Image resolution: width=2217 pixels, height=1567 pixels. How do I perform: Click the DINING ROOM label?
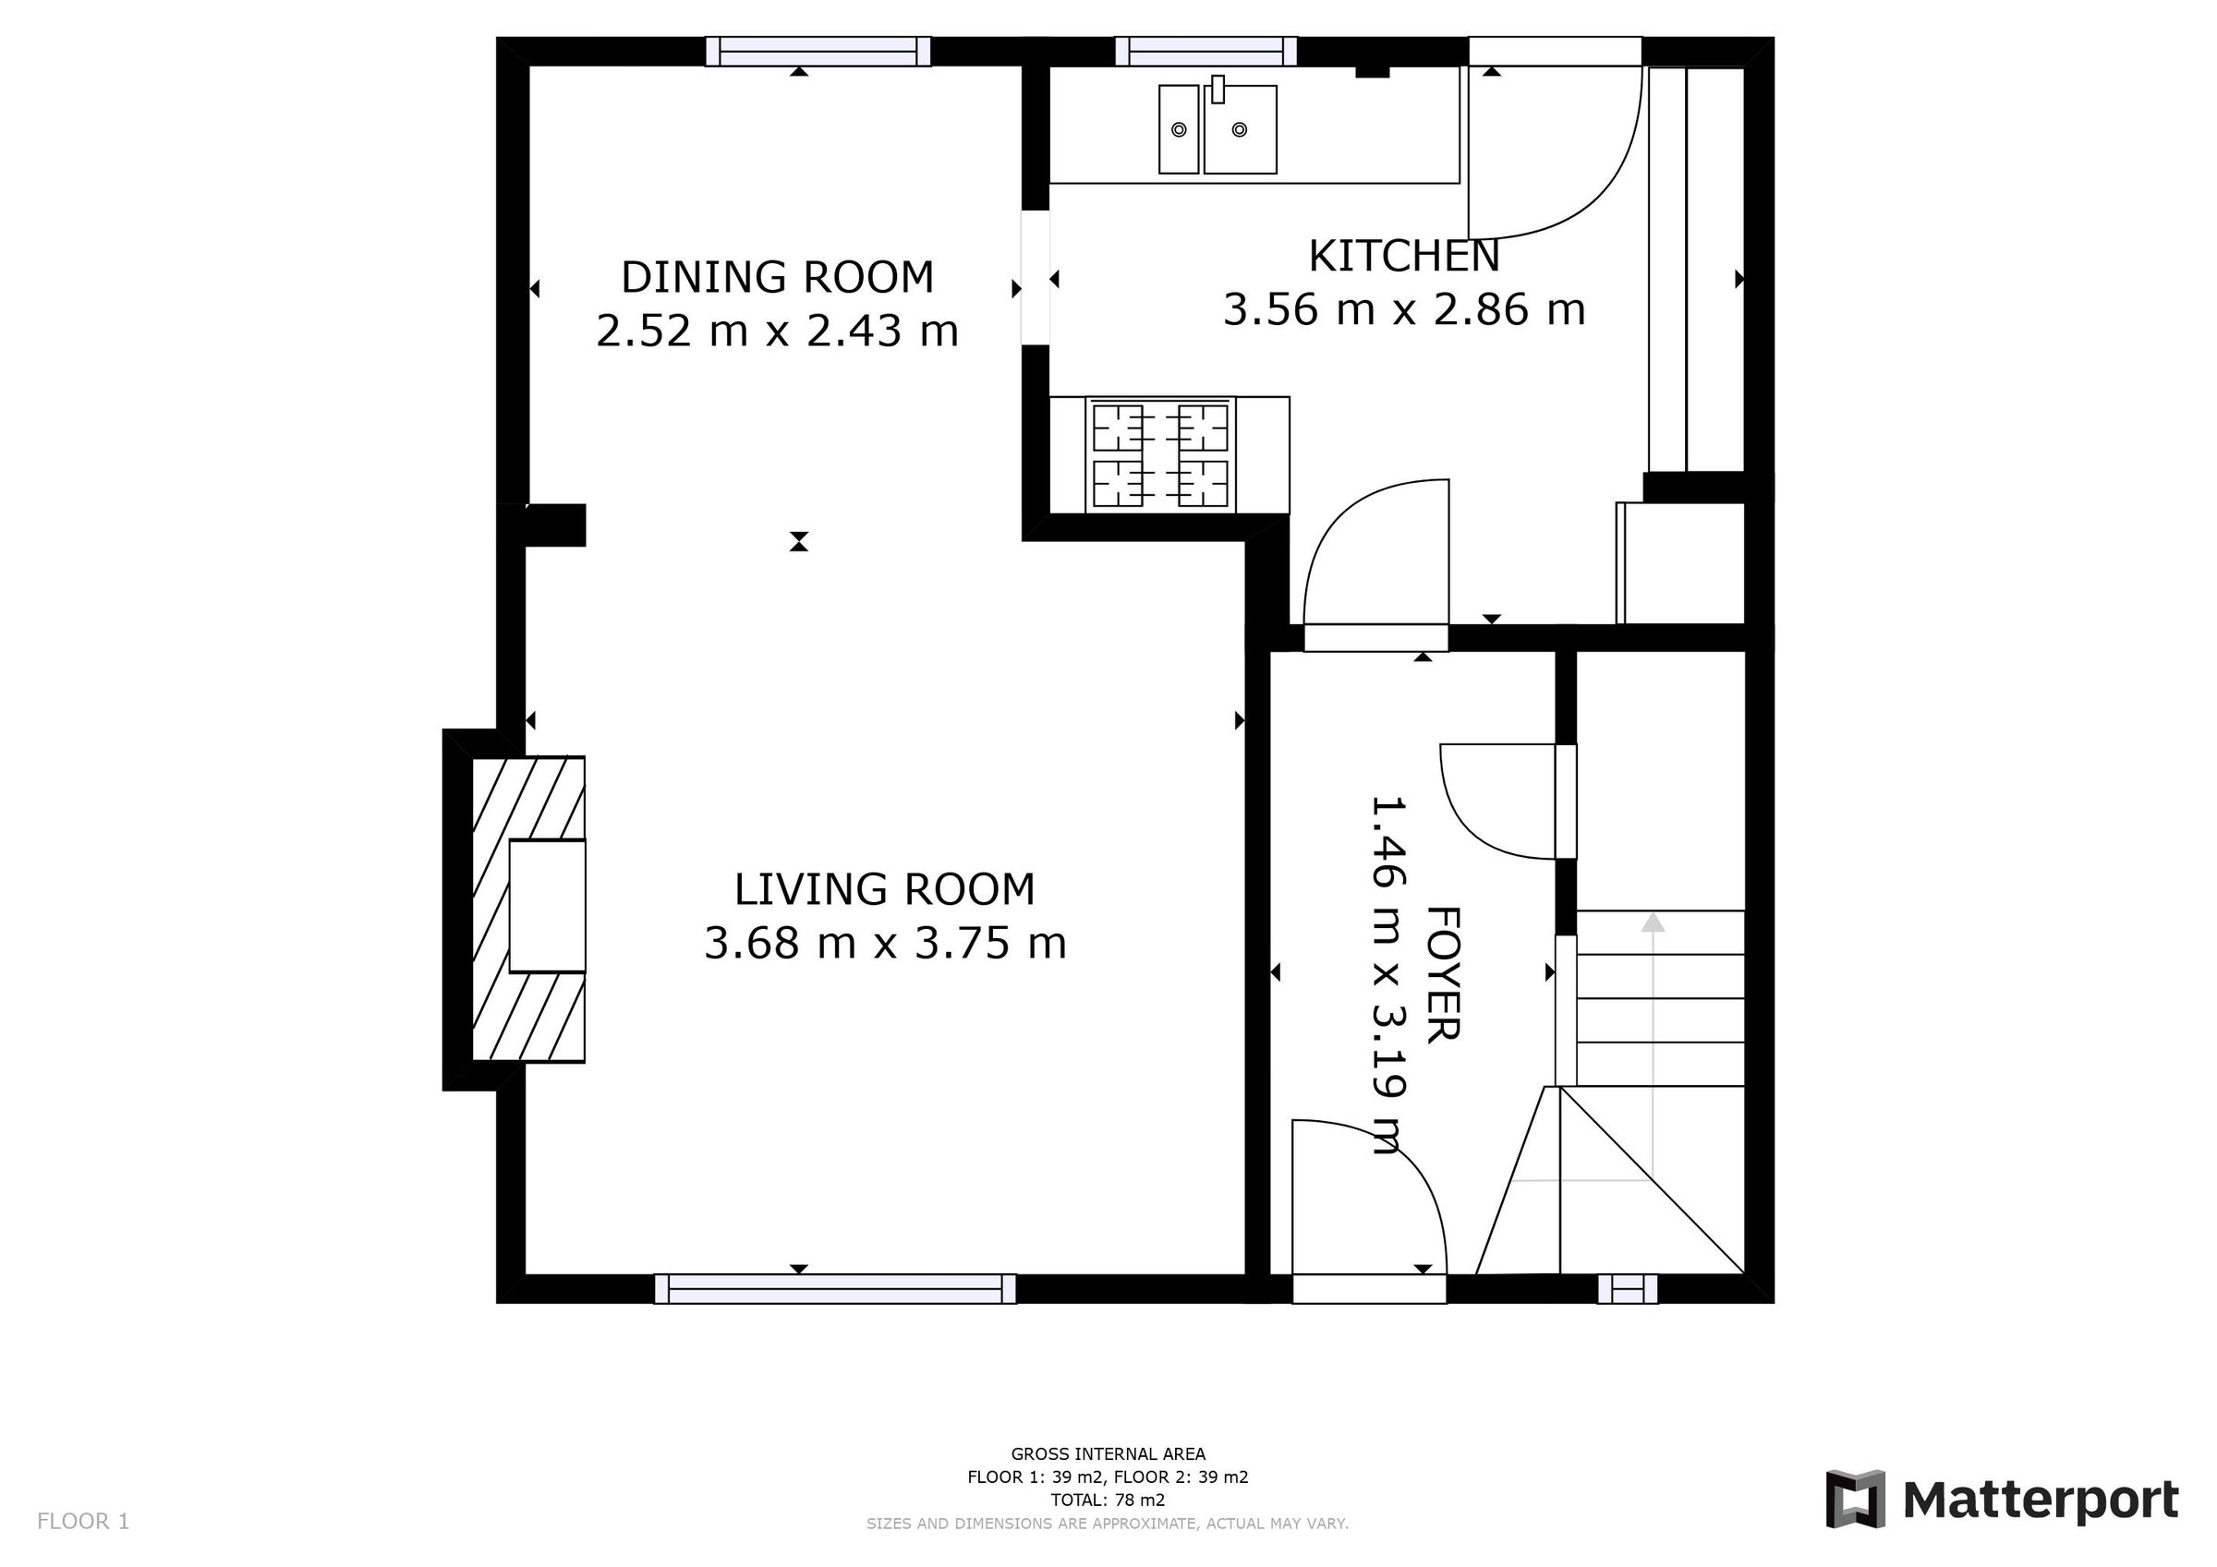pyautogui.click(x=777, y=277)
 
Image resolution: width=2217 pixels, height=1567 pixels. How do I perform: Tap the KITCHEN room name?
pyautogui.click(x=1404, y=256)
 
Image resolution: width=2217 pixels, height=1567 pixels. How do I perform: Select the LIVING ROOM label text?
pyautogui.click(x=884, y=889)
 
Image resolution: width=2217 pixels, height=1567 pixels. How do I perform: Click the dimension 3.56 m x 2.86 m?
pyautogui.click(x=1404, y=310)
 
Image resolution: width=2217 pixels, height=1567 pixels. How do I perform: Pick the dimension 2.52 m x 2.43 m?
pyautogui.click(x=777, y=331)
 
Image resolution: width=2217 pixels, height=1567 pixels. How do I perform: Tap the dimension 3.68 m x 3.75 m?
pyautogui.click(x=884, y=944)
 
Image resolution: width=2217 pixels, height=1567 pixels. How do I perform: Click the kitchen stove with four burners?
pyautogui.click(x=1159, y=453)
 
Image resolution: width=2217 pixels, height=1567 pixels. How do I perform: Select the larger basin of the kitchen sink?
pyautogui.click(x=1240, y=129)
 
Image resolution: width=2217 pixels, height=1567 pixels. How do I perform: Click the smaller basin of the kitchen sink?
pyautogui.click(x=1178, y=129)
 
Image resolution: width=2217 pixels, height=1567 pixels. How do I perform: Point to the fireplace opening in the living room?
pyautogui.click(x=547, y=906)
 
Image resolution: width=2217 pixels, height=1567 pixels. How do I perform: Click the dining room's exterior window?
pyautogui.click(x=818, y=51)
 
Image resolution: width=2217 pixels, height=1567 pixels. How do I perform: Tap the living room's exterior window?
pyautogui.click(x=835, y=1289)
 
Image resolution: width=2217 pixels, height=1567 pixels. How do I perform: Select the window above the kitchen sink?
pyautogui.click(x=1206, y=51)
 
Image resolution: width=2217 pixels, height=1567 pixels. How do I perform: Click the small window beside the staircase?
pyautogui.click(x=1628, y=1289)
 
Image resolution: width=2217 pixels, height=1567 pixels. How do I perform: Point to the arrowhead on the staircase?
pyautogui.click(x=1654, y=922)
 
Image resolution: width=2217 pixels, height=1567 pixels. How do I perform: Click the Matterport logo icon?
pyautogui.click(x=1855, y=1500)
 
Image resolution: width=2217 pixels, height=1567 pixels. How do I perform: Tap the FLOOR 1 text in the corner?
pyautogui.click(x=83, y=1522)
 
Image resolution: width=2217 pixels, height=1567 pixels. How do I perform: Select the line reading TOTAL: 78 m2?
pyautogui.click(x=1108, y=1501)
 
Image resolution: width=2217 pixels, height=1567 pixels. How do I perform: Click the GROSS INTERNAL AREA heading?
pyautogui.click(x=1108, y=1454)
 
